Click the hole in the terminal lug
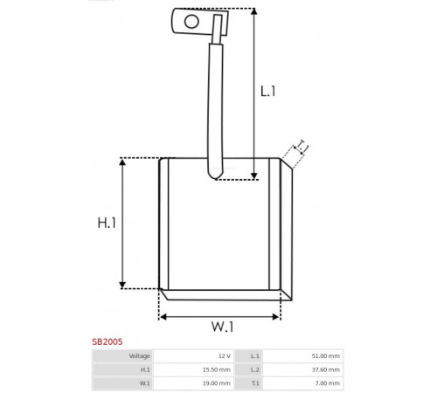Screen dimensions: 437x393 [191, 21]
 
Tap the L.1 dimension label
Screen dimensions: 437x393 [267, 91]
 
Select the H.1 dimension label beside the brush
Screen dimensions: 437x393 [107, 223]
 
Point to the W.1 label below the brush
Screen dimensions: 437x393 [222, 327]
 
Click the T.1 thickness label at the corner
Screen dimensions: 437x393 [302, 147]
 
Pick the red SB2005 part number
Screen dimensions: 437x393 [108, 341]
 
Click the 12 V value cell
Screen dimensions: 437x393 [225, 356]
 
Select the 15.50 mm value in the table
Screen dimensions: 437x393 [217, 369]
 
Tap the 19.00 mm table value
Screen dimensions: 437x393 [217, 383]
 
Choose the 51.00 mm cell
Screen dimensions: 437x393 [326, 356]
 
